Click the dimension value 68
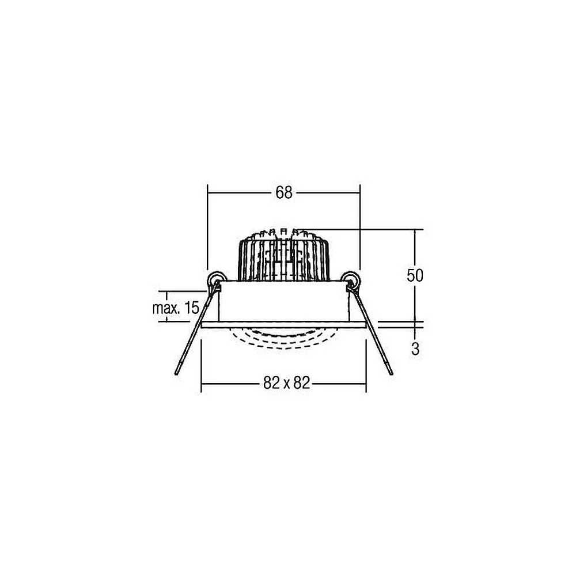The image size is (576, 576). (x=283, y=192)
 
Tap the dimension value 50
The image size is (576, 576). (x=415, y=275)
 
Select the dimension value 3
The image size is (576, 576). (x=415, y=349)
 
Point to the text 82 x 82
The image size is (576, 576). (x=286, y=383)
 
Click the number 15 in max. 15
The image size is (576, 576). (x=191, y=308)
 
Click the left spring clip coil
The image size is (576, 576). (x=216, y=279)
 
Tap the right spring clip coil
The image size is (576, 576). (x=350, y=279)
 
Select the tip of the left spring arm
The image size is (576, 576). (x=176, y=374)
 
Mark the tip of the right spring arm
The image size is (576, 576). (x=391, y=373)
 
